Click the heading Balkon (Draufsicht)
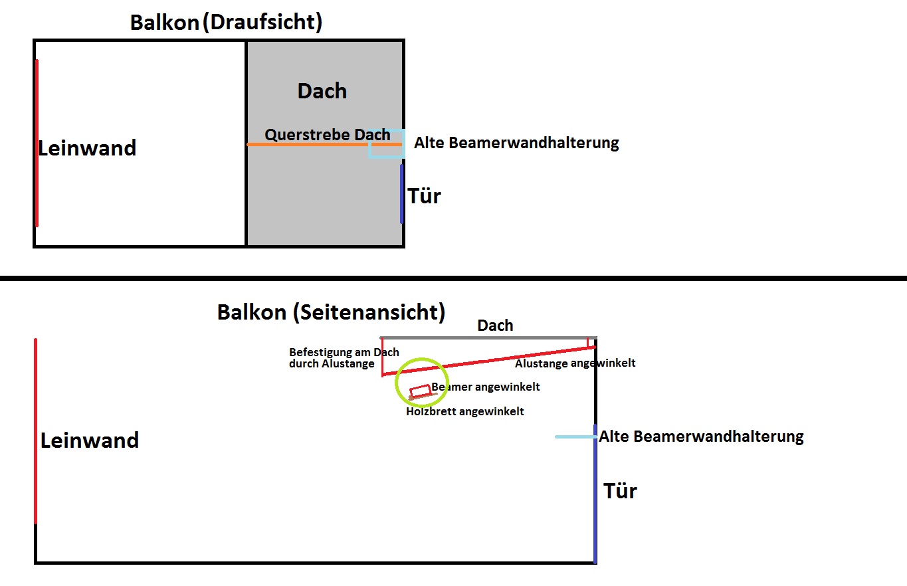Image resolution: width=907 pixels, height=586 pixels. (226, 22)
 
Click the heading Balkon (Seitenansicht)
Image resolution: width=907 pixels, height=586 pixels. (331, 312)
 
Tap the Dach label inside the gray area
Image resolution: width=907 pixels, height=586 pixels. (322, 91)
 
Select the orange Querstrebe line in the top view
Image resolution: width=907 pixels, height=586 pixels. (312, 144)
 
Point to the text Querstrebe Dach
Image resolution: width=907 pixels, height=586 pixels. (327, 134)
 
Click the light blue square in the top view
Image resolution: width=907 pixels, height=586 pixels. (387, 144)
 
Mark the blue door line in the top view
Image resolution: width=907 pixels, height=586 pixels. (402, 194)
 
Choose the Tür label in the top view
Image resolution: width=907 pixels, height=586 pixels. (424, 196)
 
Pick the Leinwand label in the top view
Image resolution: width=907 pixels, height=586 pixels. (87, 147)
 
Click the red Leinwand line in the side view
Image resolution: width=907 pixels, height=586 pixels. (35, 432)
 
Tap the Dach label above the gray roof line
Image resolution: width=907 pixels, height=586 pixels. (495, 326)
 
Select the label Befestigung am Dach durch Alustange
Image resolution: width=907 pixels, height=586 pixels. (344, 357)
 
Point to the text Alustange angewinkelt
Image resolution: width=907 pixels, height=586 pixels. (575, 363)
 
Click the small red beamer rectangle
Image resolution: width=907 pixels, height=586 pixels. (420, 391)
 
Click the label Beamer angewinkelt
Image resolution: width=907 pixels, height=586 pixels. (486, 387)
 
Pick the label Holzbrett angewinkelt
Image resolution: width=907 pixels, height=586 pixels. (465, 411)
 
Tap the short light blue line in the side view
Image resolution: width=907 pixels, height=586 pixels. (575, 437)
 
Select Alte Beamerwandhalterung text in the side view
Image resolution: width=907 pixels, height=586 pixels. (701, 437)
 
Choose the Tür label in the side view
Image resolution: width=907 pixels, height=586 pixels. (620, 491)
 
